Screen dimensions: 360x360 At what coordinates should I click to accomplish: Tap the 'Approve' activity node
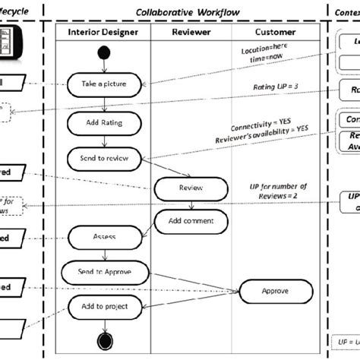[274, 290]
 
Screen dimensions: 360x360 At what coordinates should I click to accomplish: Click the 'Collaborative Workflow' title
[187, 12]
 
